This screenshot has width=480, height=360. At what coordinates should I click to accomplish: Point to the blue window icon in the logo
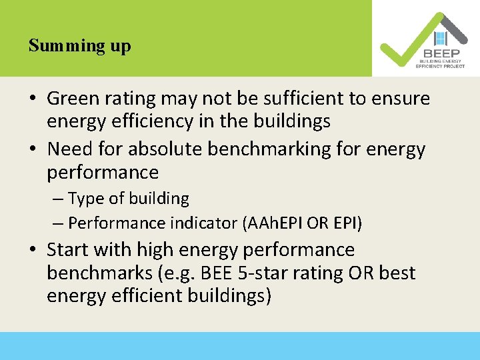(x=439, y=39)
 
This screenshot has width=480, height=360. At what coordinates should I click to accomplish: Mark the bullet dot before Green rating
(x=33, y=100)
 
